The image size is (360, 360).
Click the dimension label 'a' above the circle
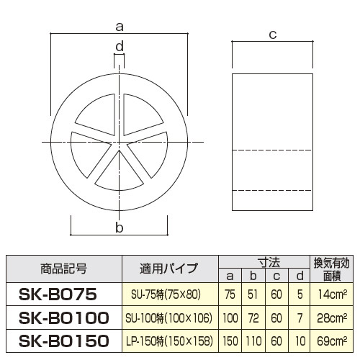[120, 27]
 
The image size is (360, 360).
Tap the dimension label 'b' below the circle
[120, 228]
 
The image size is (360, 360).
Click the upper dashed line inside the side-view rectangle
[272, 149]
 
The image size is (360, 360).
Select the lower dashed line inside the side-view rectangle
[272, 190]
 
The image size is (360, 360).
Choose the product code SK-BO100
[63, 317]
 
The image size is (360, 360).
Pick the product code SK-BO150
[63, 339]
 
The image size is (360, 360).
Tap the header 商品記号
[63, 269]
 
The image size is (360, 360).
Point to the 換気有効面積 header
[330, 269]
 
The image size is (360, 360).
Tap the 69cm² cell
[330, 339]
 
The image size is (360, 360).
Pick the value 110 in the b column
[252, 339]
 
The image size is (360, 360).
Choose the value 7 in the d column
[297, 317]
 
